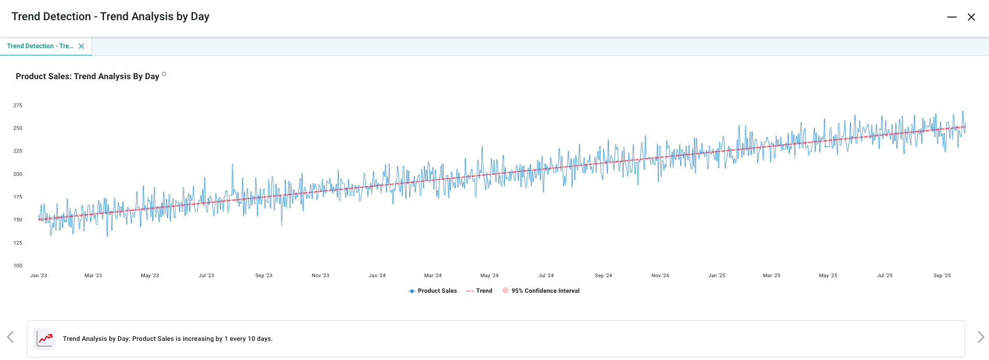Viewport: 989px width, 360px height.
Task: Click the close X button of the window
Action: coord(971,17)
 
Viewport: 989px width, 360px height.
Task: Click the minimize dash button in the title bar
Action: coord(952,17)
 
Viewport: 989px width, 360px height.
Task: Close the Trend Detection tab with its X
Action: coord(81,46)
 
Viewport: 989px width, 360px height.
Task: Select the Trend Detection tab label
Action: coord(40,46)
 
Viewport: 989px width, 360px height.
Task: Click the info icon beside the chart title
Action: coord(164,74)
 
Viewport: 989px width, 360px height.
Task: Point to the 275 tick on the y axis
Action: coord(18,106)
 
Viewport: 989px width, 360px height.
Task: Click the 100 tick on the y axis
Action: coord(18,266)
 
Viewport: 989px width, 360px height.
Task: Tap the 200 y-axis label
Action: coord(18,174)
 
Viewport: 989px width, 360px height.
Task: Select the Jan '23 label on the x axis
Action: coord(38,276)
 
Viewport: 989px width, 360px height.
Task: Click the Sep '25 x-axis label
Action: coord(942,276)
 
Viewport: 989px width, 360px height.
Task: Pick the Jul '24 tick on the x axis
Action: coord(546,276)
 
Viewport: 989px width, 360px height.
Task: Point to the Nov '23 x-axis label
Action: coord(320,276)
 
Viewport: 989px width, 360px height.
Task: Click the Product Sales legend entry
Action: coord(433,291)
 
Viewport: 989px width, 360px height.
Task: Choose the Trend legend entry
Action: coord(479,291)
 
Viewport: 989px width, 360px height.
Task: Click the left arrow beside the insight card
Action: coord(10,337)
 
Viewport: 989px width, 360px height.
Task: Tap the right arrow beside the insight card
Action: coord(980,337)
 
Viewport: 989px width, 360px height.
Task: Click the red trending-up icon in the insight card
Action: coord(45,339)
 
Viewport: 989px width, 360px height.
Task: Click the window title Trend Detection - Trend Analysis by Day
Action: coord(110,17)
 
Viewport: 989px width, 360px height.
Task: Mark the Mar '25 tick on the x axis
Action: coord(771,276)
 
